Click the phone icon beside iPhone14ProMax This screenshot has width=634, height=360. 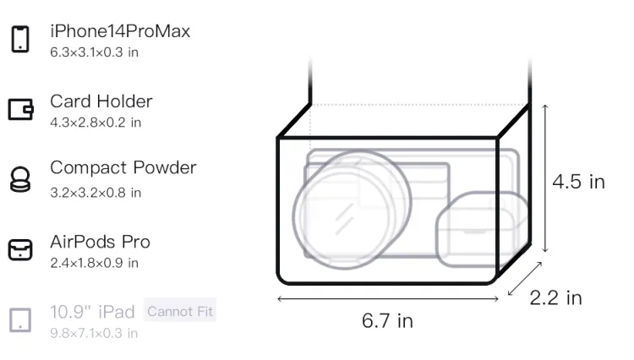(19, 39)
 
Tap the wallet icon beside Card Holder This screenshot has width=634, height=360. (20, 110)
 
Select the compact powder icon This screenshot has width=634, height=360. (19, 179)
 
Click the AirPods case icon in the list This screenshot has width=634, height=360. (20, 249)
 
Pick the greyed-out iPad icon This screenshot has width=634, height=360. (20, 320)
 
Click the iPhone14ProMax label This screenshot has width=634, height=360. (120, 31)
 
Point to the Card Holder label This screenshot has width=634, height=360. (101, 101)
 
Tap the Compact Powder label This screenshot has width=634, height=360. (123, 167)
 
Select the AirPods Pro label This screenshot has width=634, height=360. (101, 242)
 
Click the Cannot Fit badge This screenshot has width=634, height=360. (180, 312)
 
